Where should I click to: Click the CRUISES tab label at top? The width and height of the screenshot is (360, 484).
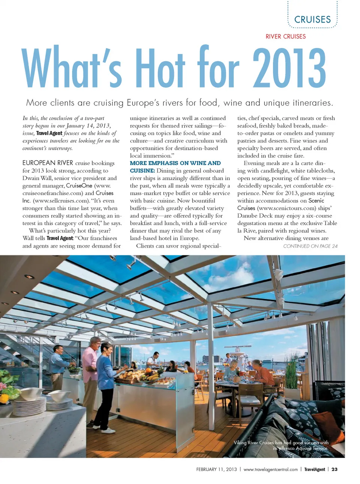point(312,20)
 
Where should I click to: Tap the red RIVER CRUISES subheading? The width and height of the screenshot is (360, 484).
point(285,36)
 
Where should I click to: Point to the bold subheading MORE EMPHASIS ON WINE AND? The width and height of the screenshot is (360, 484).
point(175,163)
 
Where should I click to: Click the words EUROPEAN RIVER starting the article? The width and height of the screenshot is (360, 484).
point(48,163)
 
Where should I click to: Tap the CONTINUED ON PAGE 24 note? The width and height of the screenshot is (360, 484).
point(310,246)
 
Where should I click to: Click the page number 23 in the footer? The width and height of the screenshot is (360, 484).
point(334,469)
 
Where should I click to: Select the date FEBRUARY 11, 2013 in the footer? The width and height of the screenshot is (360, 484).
point(216,469)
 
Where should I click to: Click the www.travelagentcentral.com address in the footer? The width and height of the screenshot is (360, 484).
point(270,469)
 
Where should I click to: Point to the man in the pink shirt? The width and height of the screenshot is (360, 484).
point(91,371)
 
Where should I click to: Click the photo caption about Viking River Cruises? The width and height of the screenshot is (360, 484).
point(281,445)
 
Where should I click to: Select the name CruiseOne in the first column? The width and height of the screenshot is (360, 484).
point(79,186)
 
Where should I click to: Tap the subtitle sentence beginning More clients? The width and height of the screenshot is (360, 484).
point(180,103)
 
